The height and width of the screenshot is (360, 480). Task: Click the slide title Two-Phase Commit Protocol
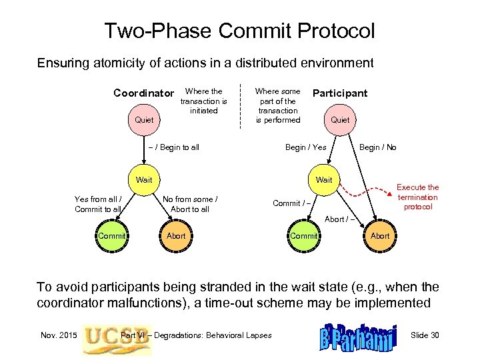pyautogui.click(x=239, y=31)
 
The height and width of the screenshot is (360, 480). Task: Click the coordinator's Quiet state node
pyautogui.click(x=144, y=120)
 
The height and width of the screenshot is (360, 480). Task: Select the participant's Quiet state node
pyautogui.click(x=340, y=120)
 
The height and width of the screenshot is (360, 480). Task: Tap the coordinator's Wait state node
pyautogui.click(x=144, y=180)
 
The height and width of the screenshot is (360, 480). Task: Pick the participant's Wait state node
pyautogui.click(x=323, y=180)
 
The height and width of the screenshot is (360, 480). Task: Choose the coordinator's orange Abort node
pyautogui.click(x=176, y=235)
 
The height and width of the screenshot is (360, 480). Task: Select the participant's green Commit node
pyautogui.click(x=305, y=235)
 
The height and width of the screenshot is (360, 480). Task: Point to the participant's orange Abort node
pyautogui.click(x=380, y=235)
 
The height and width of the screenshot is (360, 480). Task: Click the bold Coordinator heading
pyautogui.click(x=143, y=93)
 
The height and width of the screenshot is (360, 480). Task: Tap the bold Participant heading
pyautogui.click(x=340, y=93)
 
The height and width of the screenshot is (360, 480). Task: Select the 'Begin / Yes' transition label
pyautogui.click(x=306, y=147)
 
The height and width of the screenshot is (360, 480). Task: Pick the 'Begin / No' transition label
pyautogui.click(x=377, y=147)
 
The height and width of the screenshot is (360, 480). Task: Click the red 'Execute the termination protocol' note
pyautogui.click(x=418, y=197)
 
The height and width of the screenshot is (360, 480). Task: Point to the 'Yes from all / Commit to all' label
pyautogui.click(x=98, y=203)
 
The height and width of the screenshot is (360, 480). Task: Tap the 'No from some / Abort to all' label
pyautogui.click(x=190, y=203)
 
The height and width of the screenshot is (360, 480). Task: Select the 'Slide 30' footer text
pyautogui.click(x=425, y=335)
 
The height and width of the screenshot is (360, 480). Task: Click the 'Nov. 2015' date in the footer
pyautogui.click(x=57, y=335)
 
